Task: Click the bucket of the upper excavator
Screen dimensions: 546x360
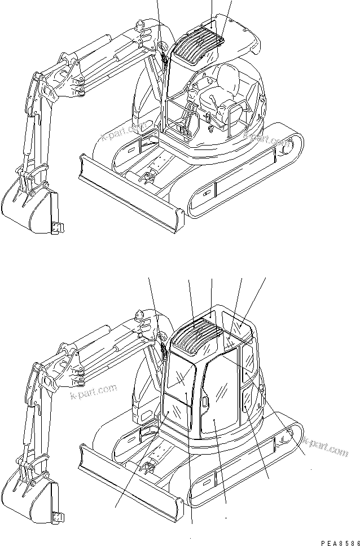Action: (28, 205)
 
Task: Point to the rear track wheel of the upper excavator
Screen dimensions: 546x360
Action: (286, 148)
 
